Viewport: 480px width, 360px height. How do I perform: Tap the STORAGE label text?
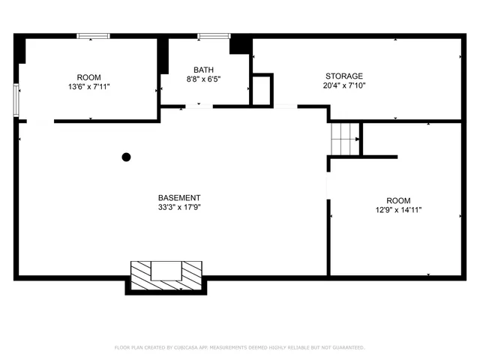(343, 76)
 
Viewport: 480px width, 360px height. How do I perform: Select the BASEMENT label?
(179, 198)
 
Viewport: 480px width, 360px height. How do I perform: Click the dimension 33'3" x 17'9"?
(179, 208)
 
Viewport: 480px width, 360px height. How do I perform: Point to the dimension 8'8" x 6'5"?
(204, 79)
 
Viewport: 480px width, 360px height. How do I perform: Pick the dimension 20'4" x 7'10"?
(343, 85)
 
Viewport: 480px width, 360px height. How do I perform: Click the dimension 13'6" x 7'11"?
(88, 87)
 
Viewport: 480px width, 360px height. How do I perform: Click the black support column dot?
(126, 157)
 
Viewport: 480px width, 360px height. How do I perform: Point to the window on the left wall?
(16, 99)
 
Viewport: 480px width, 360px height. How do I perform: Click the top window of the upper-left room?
(94, 35)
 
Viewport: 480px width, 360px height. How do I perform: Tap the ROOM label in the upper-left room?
(88, 77)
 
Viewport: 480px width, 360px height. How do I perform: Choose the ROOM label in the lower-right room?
(398, 200)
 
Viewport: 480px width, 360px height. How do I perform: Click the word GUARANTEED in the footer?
(347, 348)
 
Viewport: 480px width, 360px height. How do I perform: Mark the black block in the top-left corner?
(21, 50)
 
